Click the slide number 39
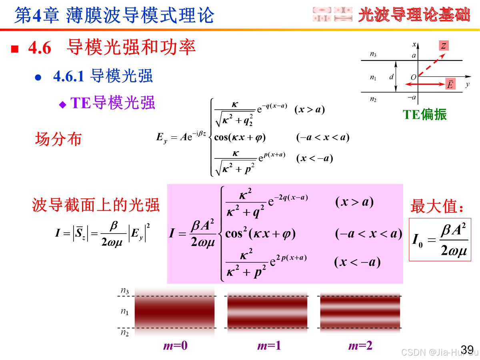[467, 349]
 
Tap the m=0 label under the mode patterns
[175, 346]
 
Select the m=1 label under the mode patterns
[269, 346]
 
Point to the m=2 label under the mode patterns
[360, 346]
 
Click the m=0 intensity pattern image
[174, 312]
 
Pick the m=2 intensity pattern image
[360, 312]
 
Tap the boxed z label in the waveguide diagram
[444, 46]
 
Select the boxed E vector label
[450, 84]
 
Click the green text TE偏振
[424, 114]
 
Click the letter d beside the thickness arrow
[391, 77]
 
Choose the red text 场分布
[58, 139]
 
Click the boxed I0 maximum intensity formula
[440, 240]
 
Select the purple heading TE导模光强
[112, 103]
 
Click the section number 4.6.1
[68, 76]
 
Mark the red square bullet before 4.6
[15, 49]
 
